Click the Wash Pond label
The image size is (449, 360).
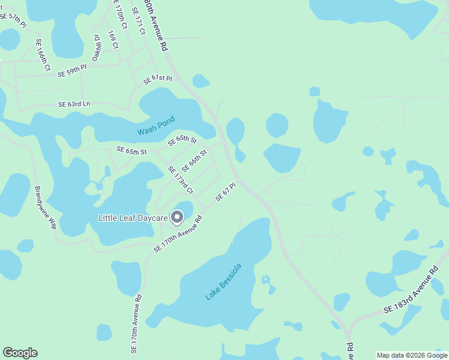[x=155, y=131]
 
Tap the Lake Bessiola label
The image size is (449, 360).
[x=223, y=281]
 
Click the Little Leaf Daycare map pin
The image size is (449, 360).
[x=177, y=217]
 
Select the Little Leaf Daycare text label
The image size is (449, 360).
[x=133, y=218]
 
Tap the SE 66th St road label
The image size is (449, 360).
[x=194, y=160]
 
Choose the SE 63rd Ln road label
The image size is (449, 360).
[x=74, y=104]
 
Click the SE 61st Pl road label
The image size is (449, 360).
[x=157, y=79]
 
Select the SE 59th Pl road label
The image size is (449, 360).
[x=72, y=71]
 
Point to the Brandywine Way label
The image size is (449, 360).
[x=46, y=208]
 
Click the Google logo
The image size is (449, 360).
[x=20, y=353]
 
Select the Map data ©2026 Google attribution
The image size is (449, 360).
[x=412, y=355]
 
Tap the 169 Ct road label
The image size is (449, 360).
[x=113, y=40]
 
